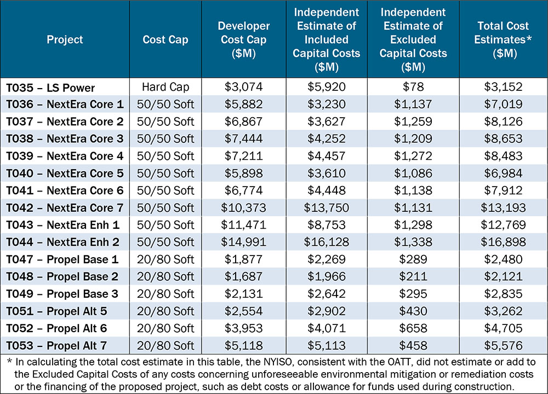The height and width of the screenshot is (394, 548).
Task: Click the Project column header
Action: [65, 39]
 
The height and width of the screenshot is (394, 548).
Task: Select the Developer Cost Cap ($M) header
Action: [244, 39]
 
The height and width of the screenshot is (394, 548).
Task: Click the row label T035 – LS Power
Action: [50, 88]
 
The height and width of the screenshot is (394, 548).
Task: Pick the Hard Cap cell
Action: [165, 88]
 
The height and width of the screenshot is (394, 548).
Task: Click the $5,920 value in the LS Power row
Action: [327, 88]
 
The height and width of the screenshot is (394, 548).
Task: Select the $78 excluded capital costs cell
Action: [414, 88]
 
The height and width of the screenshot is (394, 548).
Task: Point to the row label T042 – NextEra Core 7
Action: [65, 208]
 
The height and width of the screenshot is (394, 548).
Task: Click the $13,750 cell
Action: [327, 208]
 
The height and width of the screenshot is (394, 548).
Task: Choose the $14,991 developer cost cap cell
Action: [244, 242]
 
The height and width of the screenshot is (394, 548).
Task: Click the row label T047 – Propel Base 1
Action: [62, 259]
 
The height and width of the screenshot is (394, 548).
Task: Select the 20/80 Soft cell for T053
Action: [165, 345]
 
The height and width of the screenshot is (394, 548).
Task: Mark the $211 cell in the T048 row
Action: [414, 276]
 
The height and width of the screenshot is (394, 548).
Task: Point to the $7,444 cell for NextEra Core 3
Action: [244, 139]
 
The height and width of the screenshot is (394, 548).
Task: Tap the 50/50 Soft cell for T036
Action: [165, 105]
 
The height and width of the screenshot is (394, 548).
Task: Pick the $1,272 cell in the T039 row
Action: [414, 157]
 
